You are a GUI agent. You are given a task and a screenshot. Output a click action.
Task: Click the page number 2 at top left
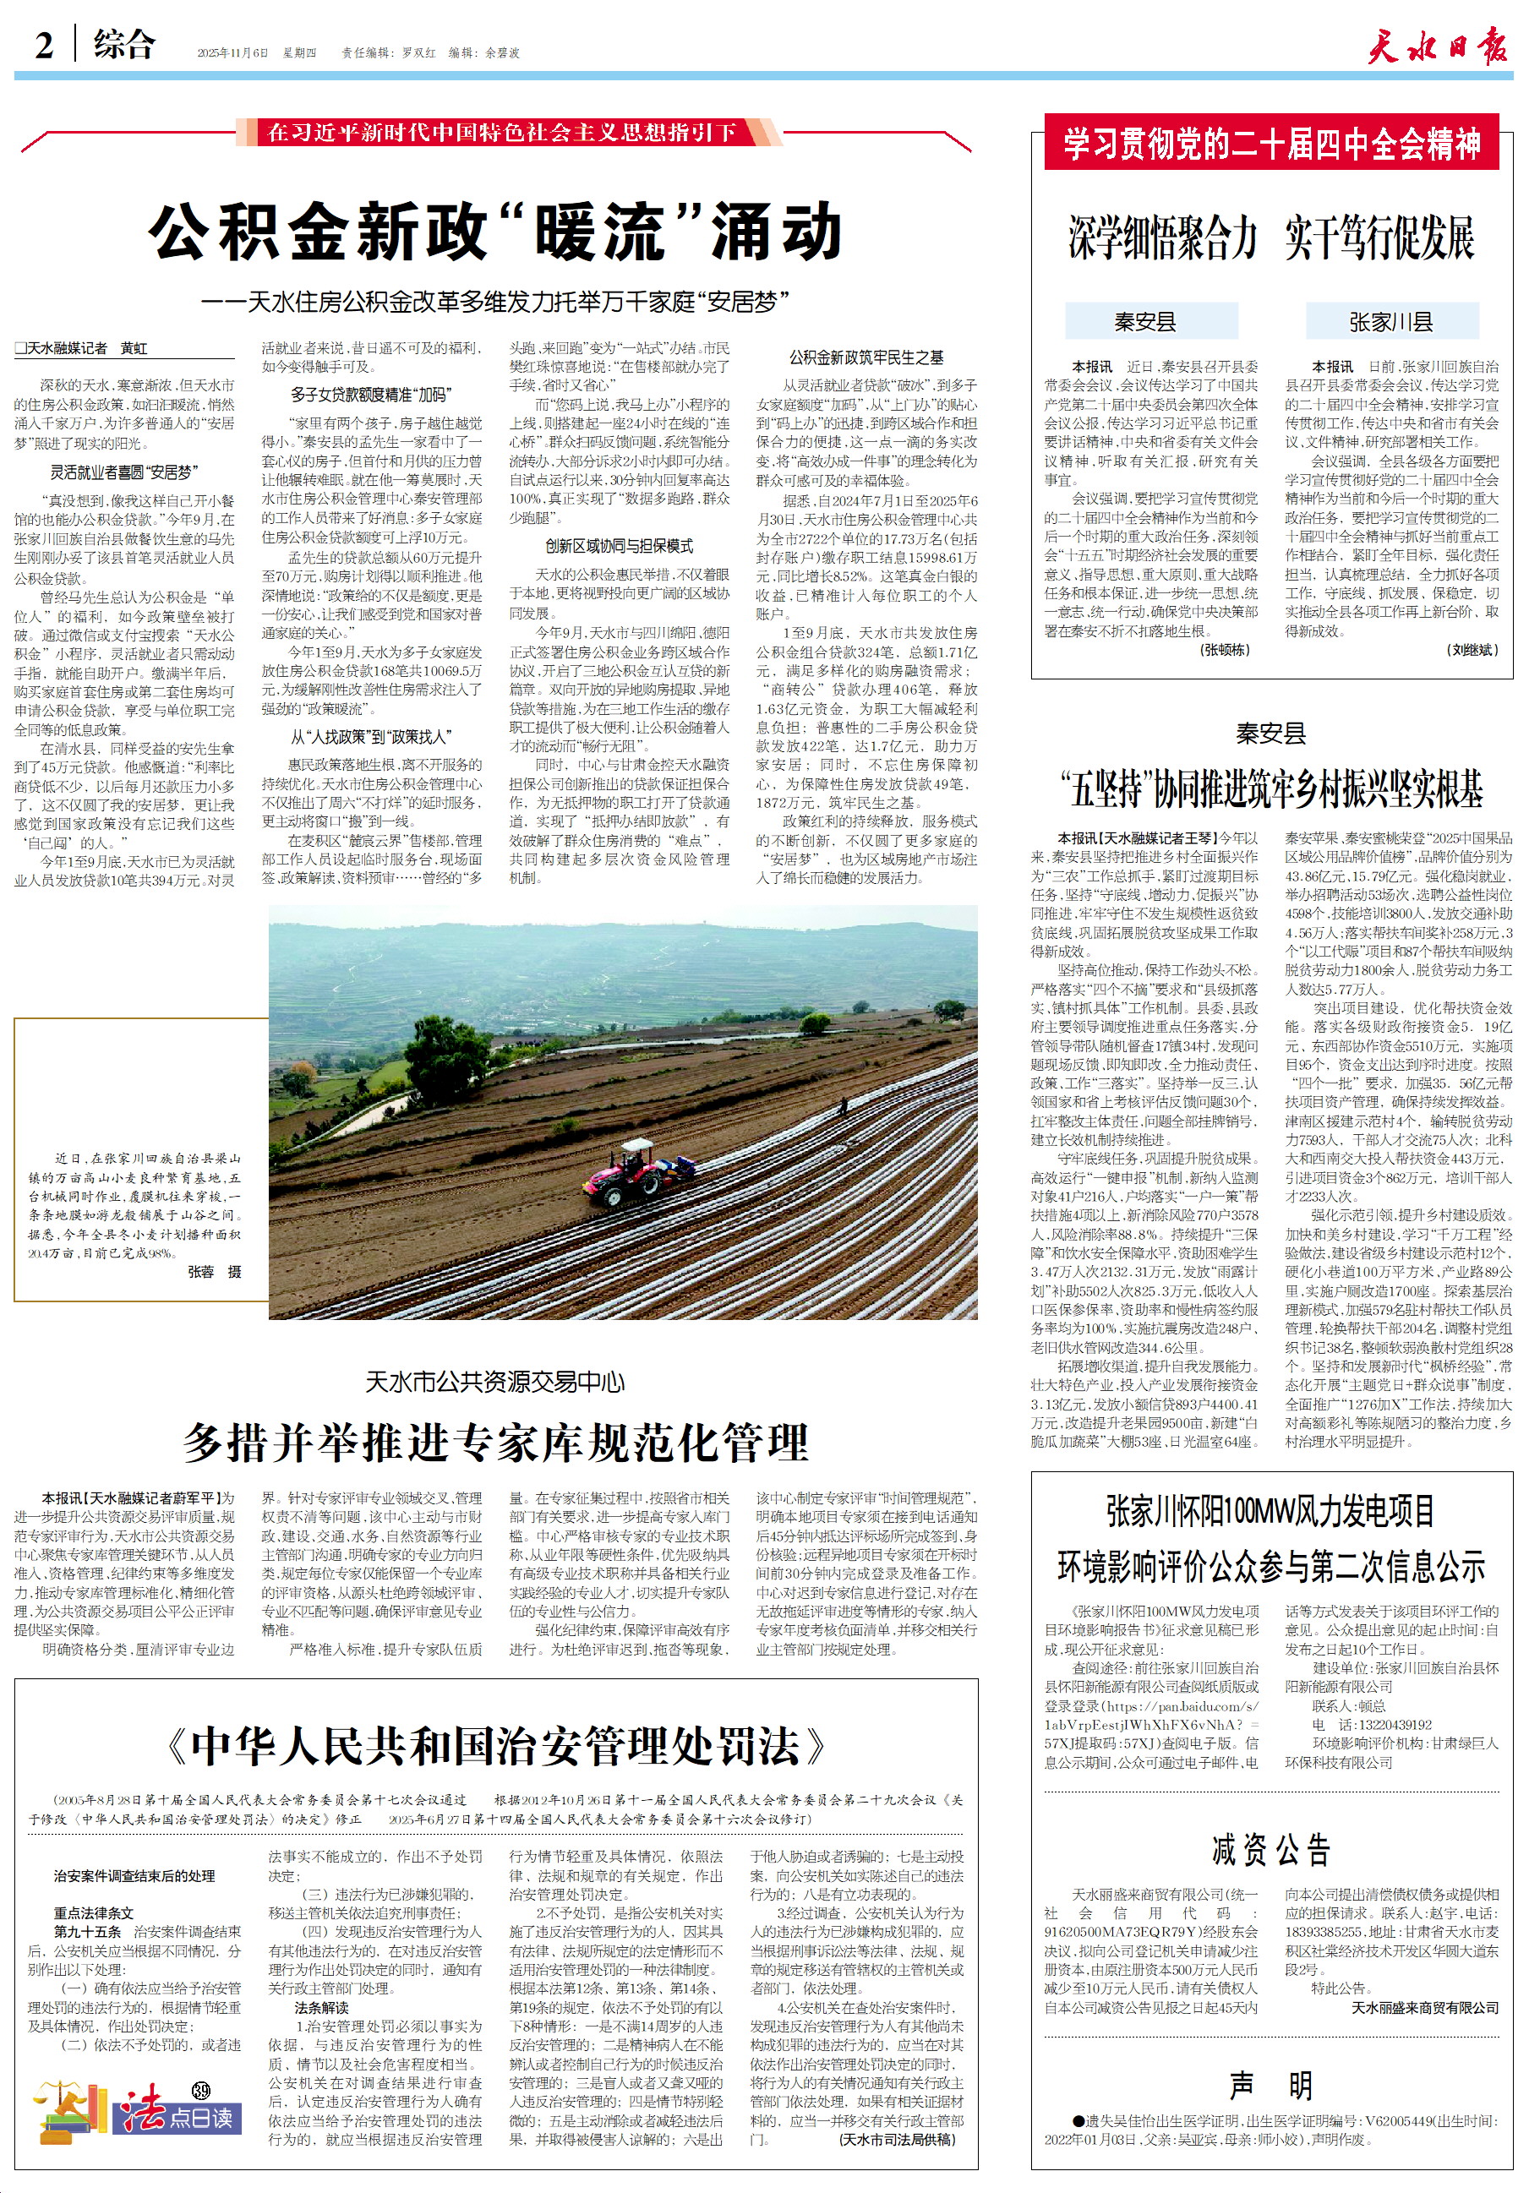(44, 45)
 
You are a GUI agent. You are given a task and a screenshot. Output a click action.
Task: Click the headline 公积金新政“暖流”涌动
(495, 233)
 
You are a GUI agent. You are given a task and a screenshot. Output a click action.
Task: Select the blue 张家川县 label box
(1390, 322)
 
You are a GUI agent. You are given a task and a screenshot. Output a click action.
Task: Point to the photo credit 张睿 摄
(214, 1271)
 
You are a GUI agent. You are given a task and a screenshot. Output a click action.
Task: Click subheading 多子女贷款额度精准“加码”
(370, 395)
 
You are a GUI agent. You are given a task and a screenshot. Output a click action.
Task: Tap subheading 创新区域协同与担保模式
(618, 545)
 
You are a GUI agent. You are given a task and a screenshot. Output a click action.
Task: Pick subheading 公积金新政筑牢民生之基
(866, 357)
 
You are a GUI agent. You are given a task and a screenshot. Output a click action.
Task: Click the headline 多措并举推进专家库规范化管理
(495, 1443)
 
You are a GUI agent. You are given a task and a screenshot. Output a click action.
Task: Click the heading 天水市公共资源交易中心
(495, 1381)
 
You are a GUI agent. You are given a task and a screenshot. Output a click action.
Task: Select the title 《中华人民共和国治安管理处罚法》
(495, 1746)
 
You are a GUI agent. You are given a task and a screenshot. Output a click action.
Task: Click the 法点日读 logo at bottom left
(134, 2114)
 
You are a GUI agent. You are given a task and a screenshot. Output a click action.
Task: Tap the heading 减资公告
(1271, 1850)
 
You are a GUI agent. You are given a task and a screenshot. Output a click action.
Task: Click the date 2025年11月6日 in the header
(232, 53)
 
